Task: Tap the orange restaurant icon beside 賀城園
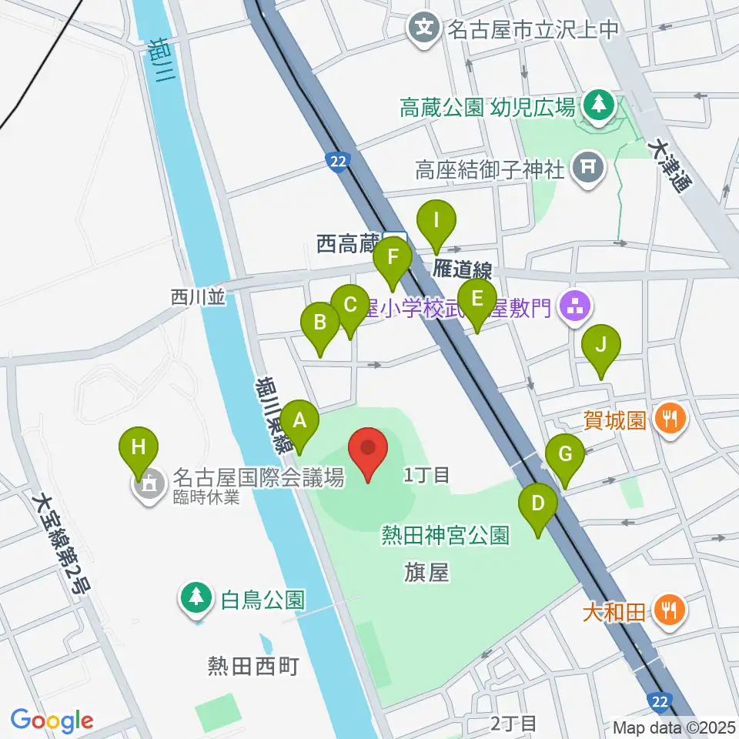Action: click(669, 420)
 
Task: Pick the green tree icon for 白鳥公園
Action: click(197, 598)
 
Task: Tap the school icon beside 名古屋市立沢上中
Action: click(424, 30)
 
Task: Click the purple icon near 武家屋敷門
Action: click(575, 309)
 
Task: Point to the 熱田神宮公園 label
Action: click(445, 535)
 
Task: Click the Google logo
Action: click(52, 721)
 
